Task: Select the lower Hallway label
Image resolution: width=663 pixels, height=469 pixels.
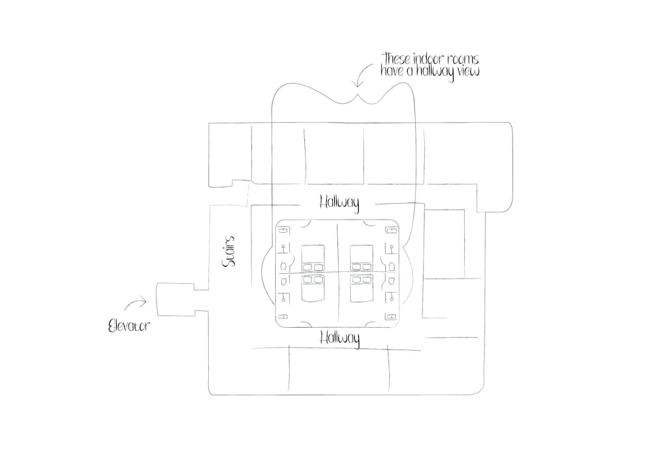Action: point(339,338)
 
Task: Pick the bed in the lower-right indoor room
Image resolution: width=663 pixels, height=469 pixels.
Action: point(361,288)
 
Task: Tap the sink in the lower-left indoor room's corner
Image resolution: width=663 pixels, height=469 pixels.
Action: point(284,317)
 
